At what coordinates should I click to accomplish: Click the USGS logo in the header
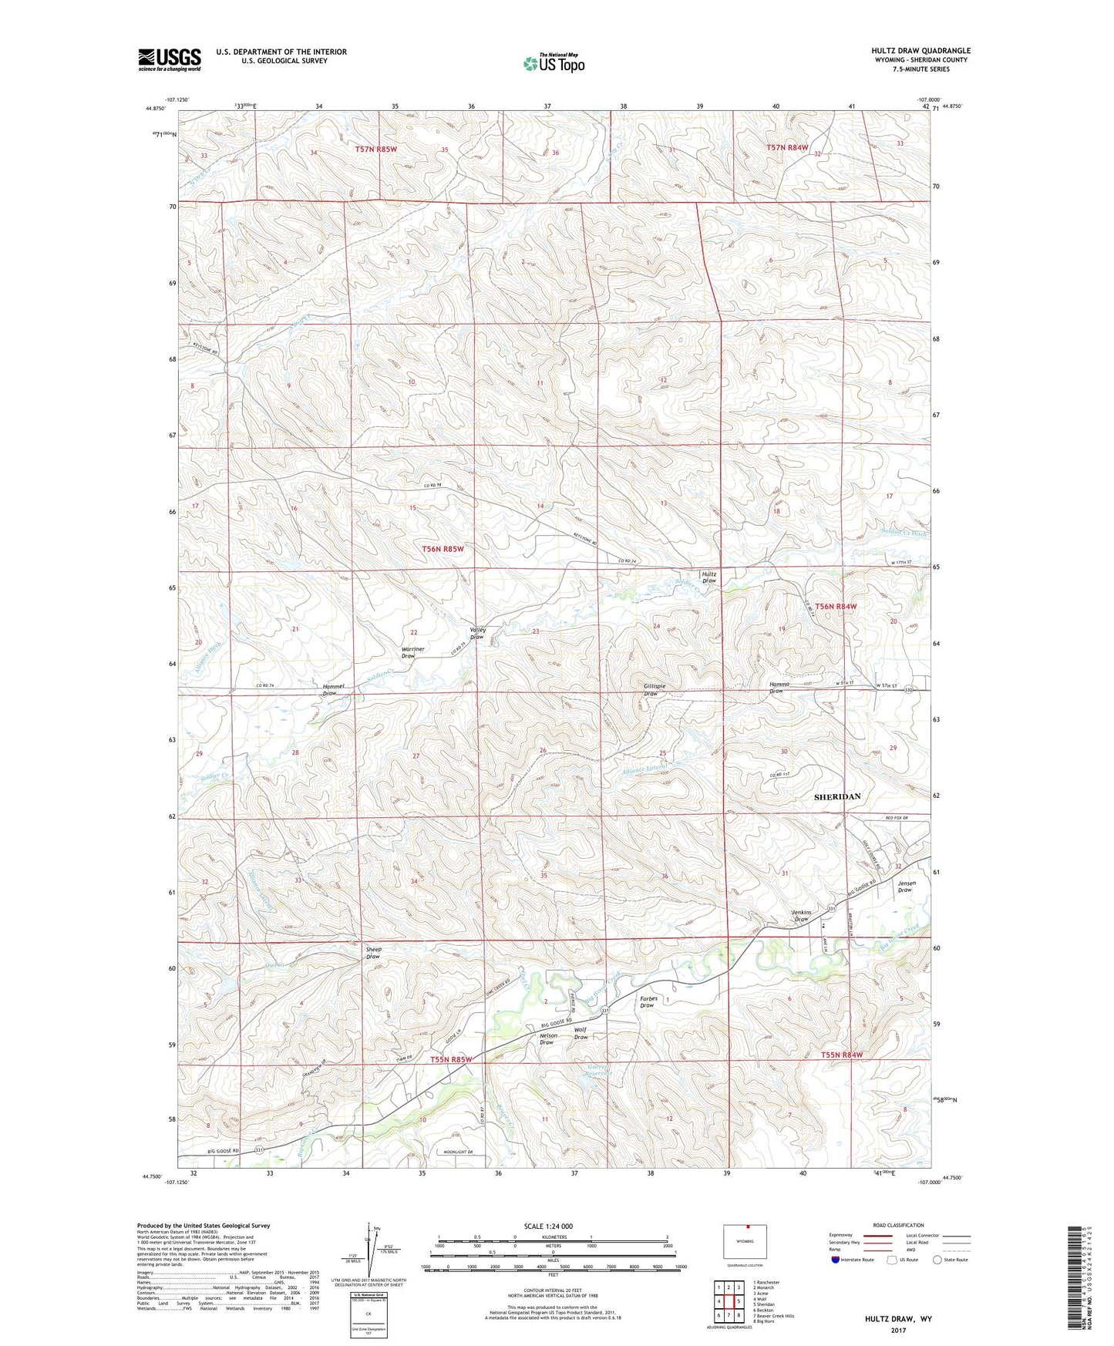(x=170, y=59)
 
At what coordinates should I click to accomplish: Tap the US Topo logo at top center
(x=554, y=63)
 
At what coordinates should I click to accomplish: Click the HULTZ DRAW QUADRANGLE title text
(x=920, y=51)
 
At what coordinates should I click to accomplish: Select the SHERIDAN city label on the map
(x=837, y=796)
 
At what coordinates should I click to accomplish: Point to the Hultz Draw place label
(x=708, y=577)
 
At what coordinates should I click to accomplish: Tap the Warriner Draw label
(x=413, y=652)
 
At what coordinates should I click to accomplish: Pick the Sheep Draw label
(x=372, y=953)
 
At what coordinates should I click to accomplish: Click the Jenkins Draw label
(x=801, y=916)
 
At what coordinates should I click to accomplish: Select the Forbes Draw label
(x=647, y=1002)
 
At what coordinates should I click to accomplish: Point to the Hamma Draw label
(x=777, y=688)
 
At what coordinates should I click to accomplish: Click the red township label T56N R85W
(x=443, y=549)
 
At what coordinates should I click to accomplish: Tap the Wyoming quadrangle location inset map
(x=745, y=1242)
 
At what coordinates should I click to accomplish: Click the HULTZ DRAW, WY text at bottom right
(x=898, y=1319)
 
